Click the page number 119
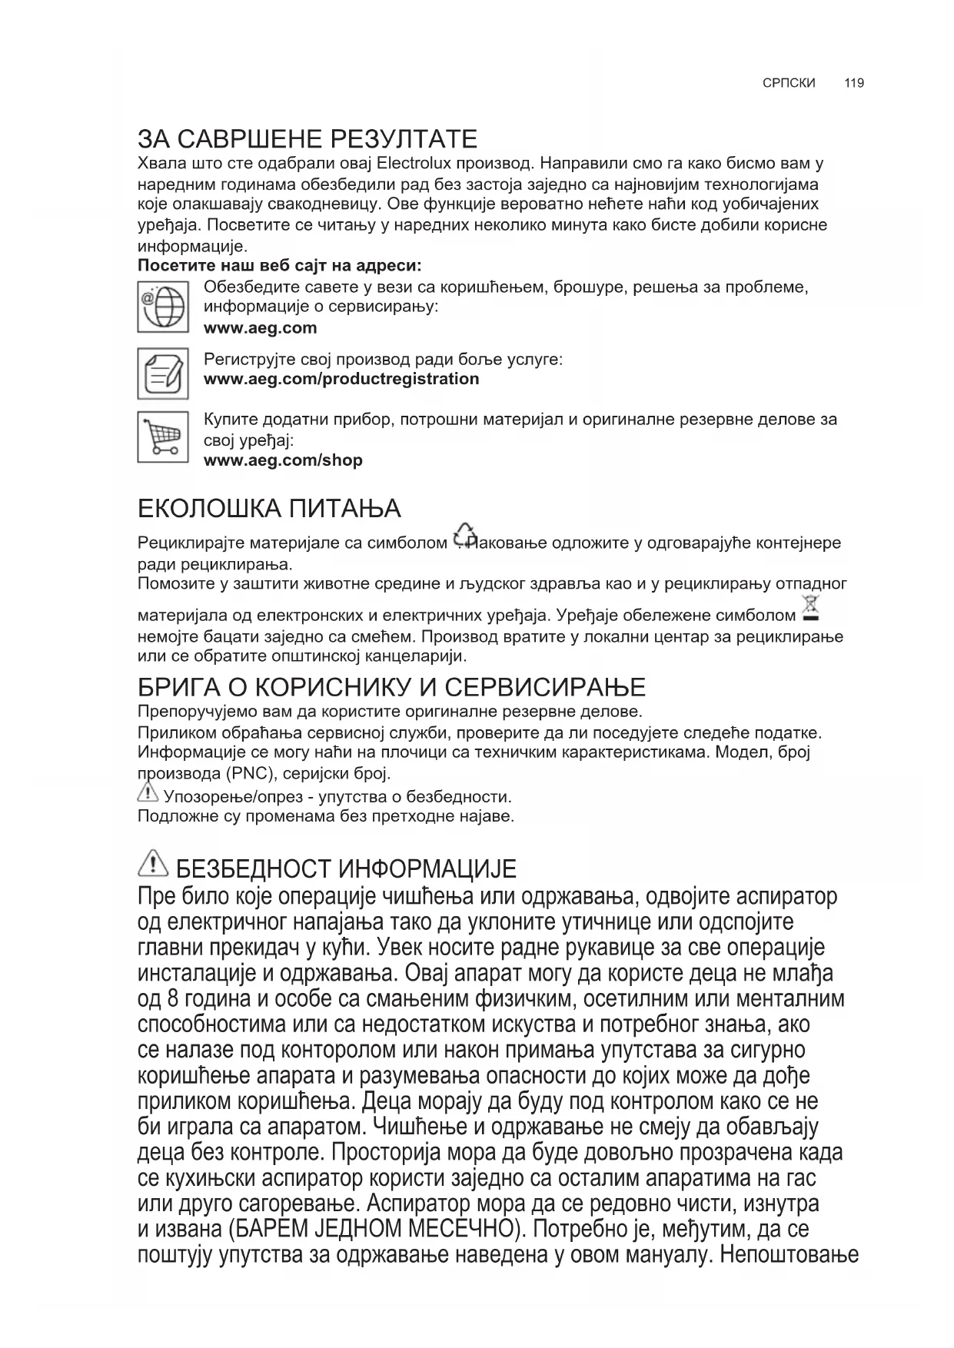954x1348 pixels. [853, 83]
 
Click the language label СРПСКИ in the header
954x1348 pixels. [789, 83]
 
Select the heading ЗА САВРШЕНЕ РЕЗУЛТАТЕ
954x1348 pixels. [307, 139]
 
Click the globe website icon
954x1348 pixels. [163, 307]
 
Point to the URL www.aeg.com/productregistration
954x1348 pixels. [341, 379]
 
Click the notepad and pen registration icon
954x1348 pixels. [163, 374]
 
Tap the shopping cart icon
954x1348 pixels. [163, 437]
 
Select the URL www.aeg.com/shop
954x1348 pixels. [282, 460]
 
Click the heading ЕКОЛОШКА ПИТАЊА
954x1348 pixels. [269, 509]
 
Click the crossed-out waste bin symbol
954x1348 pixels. [810, 608]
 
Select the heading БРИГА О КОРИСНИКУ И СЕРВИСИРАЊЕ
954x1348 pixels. [391, 686]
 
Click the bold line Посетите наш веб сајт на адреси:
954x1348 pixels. [279, 266]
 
